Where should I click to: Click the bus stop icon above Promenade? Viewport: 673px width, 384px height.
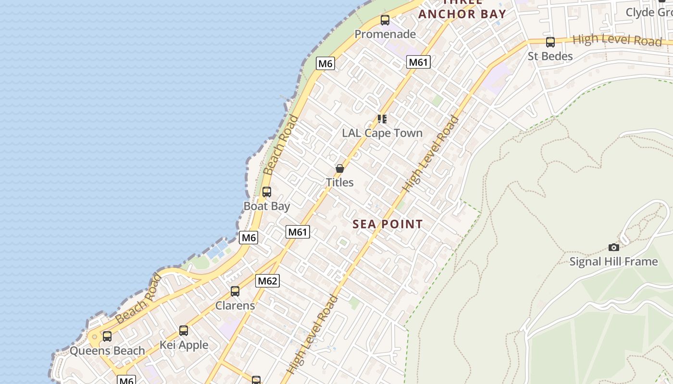click(385, 20)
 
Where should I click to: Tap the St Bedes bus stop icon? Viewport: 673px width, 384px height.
click(550, 42)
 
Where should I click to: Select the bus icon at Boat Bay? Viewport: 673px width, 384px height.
click(267, 192)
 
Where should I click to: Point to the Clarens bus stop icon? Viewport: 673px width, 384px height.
click(235, 291)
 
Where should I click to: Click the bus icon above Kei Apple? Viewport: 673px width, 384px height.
click(184, 331)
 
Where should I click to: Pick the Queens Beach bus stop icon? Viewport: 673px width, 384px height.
click(107, 336)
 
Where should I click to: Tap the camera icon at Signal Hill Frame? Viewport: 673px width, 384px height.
click(614, 248)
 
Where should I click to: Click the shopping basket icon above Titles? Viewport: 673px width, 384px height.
click(340, 168)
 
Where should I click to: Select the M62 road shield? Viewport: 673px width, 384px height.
click(267, 281)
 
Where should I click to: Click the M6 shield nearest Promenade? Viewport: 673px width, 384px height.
click(325, 63)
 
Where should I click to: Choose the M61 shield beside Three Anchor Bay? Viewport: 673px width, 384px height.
click(418, 62)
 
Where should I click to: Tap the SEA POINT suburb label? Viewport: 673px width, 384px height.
click(387, 224)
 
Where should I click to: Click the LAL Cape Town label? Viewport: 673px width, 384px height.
click(382, 133)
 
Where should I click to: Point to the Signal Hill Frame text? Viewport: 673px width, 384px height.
click(613, 262)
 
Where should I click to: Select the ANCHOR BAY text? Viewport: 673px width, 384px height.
click(462, 14)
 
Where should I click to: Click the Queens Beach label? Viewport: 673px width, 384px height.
click(107, 351)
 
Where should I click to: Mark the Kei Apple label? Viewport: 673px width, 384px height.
click(184, 345)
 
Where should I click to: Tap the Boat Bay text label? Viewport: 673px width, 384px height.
click(267, 206)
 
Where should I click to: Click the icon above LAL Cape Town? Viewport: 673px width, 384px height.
click(382, 119)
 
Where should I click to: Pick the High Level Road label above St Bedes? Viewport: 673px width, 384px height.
click(617, 40)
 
